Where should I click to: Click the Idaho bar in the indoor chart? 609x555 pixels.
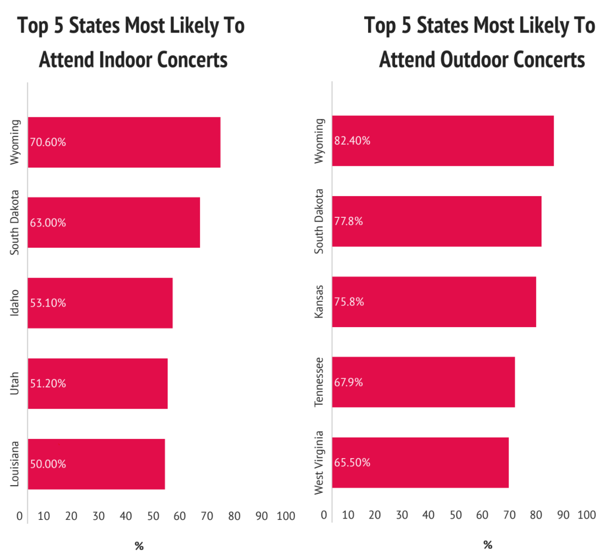[x=100, y=303]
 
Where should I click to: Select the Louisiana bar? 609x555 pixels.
[x=96, y=464]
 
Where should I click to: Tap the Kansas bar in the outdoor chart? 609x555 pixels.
[x=434, y=302]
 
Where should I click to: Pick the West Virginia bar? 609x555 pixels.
[x=420, y=462]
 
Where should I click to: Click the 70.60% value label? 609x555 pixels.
[x=48, y=142]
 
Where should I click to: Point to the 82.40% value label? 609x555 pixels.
[x=352, y=141]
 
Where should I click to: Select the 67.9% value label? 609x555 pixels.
[x=348, y=382]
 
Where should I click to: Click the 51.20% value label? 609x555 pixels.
[x=48, y=383]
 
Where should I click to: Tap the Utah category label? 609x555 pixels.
[x=14, y=383]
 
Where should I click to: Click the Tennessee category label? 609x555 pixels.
[x=319, y=382]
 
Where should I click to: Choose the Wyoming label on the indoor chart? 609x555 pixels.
[x=15, y=142]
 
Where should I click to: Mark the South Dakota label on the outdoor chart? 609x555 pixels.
[x=319, y=221]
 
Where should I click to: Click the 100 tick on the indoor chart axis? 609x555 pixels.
[x=286, y=516]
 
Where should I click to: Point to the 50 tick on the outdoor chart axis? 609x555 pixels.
[x=455, y=515]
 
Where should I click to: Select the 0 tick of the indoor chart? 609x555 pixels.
[x=19, y=516]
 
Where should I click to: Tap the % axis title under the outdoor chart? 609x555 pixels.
[x=488, y=545]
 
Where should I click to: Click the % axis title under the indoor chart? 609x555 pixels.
[x=139, y=546]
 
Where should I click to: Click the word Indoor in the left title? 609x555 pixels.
[x=126, y=60]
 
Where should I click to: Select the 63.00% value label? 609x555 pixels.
[x=48, y=223]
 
